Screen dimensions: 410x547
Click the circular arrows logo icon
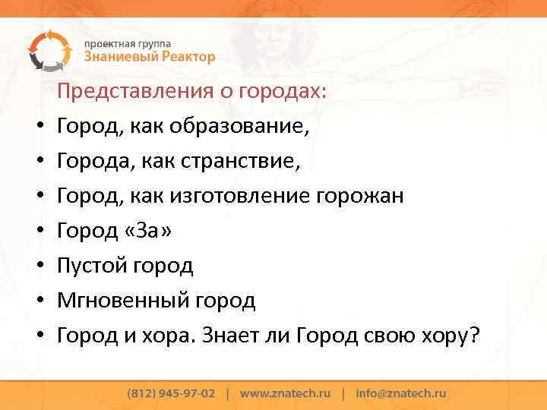[48, 50]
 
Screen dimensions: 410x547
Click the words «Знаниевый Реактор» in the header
[149, 57]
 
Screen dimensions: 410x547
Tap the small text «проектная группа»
[127, 43]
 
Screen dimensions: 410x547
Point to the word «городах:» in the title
[283, 91]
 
